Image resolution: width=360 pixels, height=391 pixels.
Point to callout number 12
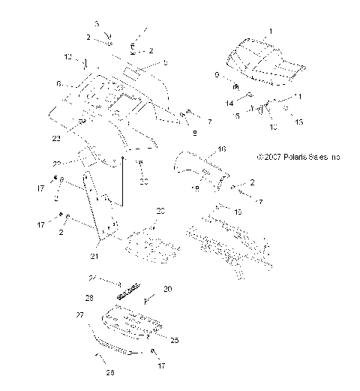coord(67,57)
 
